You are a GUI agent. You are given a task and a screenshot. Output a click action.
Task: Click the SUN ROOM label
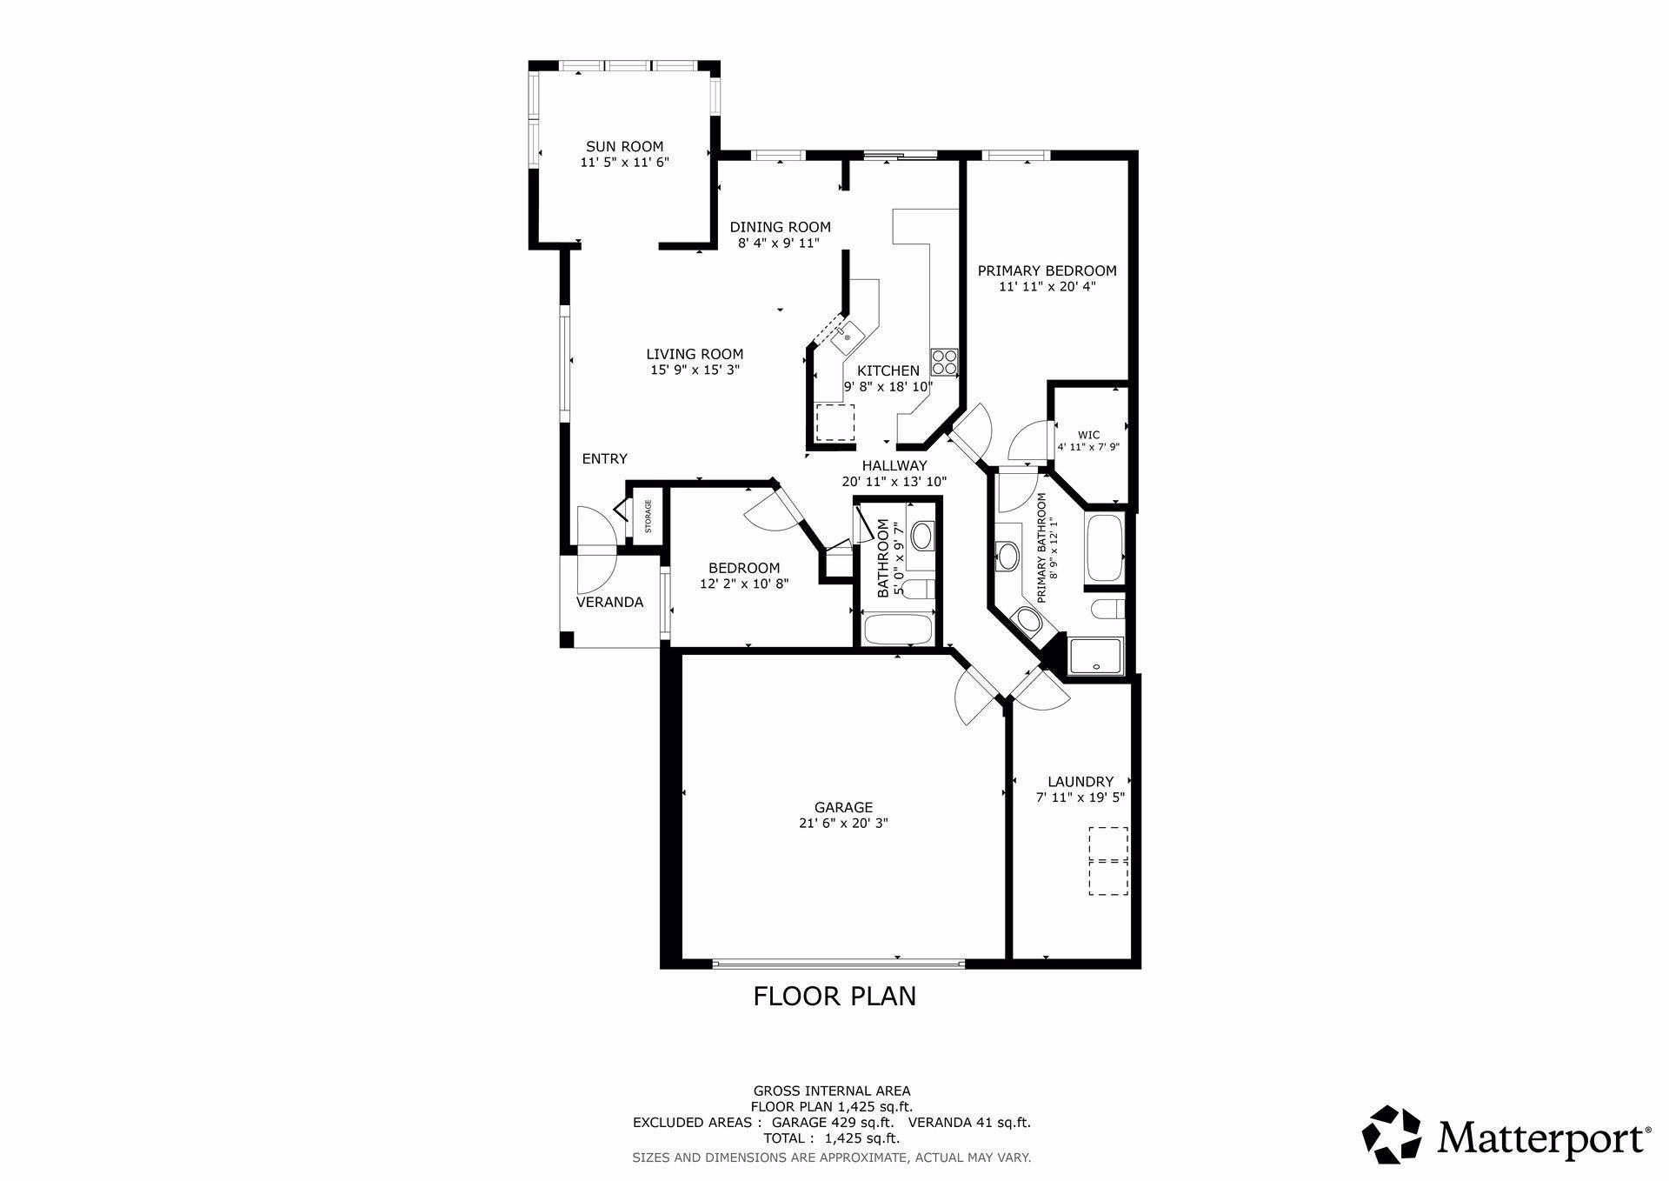pyautogui.click(x=624, y=147)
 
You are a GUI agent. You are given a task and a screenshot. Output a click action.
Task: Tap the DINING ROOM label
pyautogui.click(x=780, y=228)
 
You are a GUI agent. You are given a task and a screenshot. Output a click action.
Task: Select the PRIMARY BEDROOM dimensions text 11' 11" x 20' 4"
pyautogui.click(x=1047, y=286)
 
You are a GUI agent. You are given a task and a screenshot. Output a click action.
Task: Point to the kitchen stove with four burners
pyautogui.click(x=944, y=362)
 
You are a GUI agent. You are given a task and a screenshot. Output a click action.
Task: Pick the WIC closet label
pyautogui.click(x=1088, y=435)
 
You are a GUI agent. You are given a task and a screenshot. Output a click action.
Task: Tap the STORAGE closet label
pyautogui.click(x=648, y=517)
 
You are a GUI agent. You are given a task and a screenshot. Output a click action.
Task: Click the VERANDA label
pyautogui.click(x=610, y=602)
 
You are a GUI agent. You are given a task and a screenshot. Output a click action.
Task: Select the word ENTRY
pyautogui.click(x=604, y=458)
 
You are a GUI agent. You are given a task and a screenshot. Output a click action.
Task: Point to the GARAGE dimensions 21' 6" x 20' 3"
pyautogui.click(x=843, y=823)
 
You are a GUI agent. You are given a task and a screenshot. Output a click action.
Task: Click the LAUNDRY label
pyautogui.click(x=1081, y=782)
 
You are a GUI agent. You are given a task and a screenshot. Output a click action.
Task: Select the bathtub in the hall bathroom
pyautogui.click(x=897, y=628)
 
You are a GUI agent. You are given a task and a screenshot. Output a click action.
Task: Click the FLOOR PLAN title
pyautogui.click(x=834, y=996)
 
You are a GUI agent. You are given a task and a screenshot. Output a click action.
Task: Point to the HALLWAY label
pyautogui.click(x=894, y=465)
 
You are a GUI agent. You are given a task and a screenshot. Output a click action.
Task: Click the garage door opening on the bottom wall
pyautogui.click(x=838, y=963)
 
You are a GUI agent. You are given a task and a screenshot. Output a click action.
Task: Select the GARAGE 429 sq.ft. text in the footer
pyautogui.click(x=827, y=1123)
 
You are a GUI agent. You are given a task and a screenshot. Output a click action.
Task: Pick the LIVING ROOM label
pyautogui.click(x=695, y=354)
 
